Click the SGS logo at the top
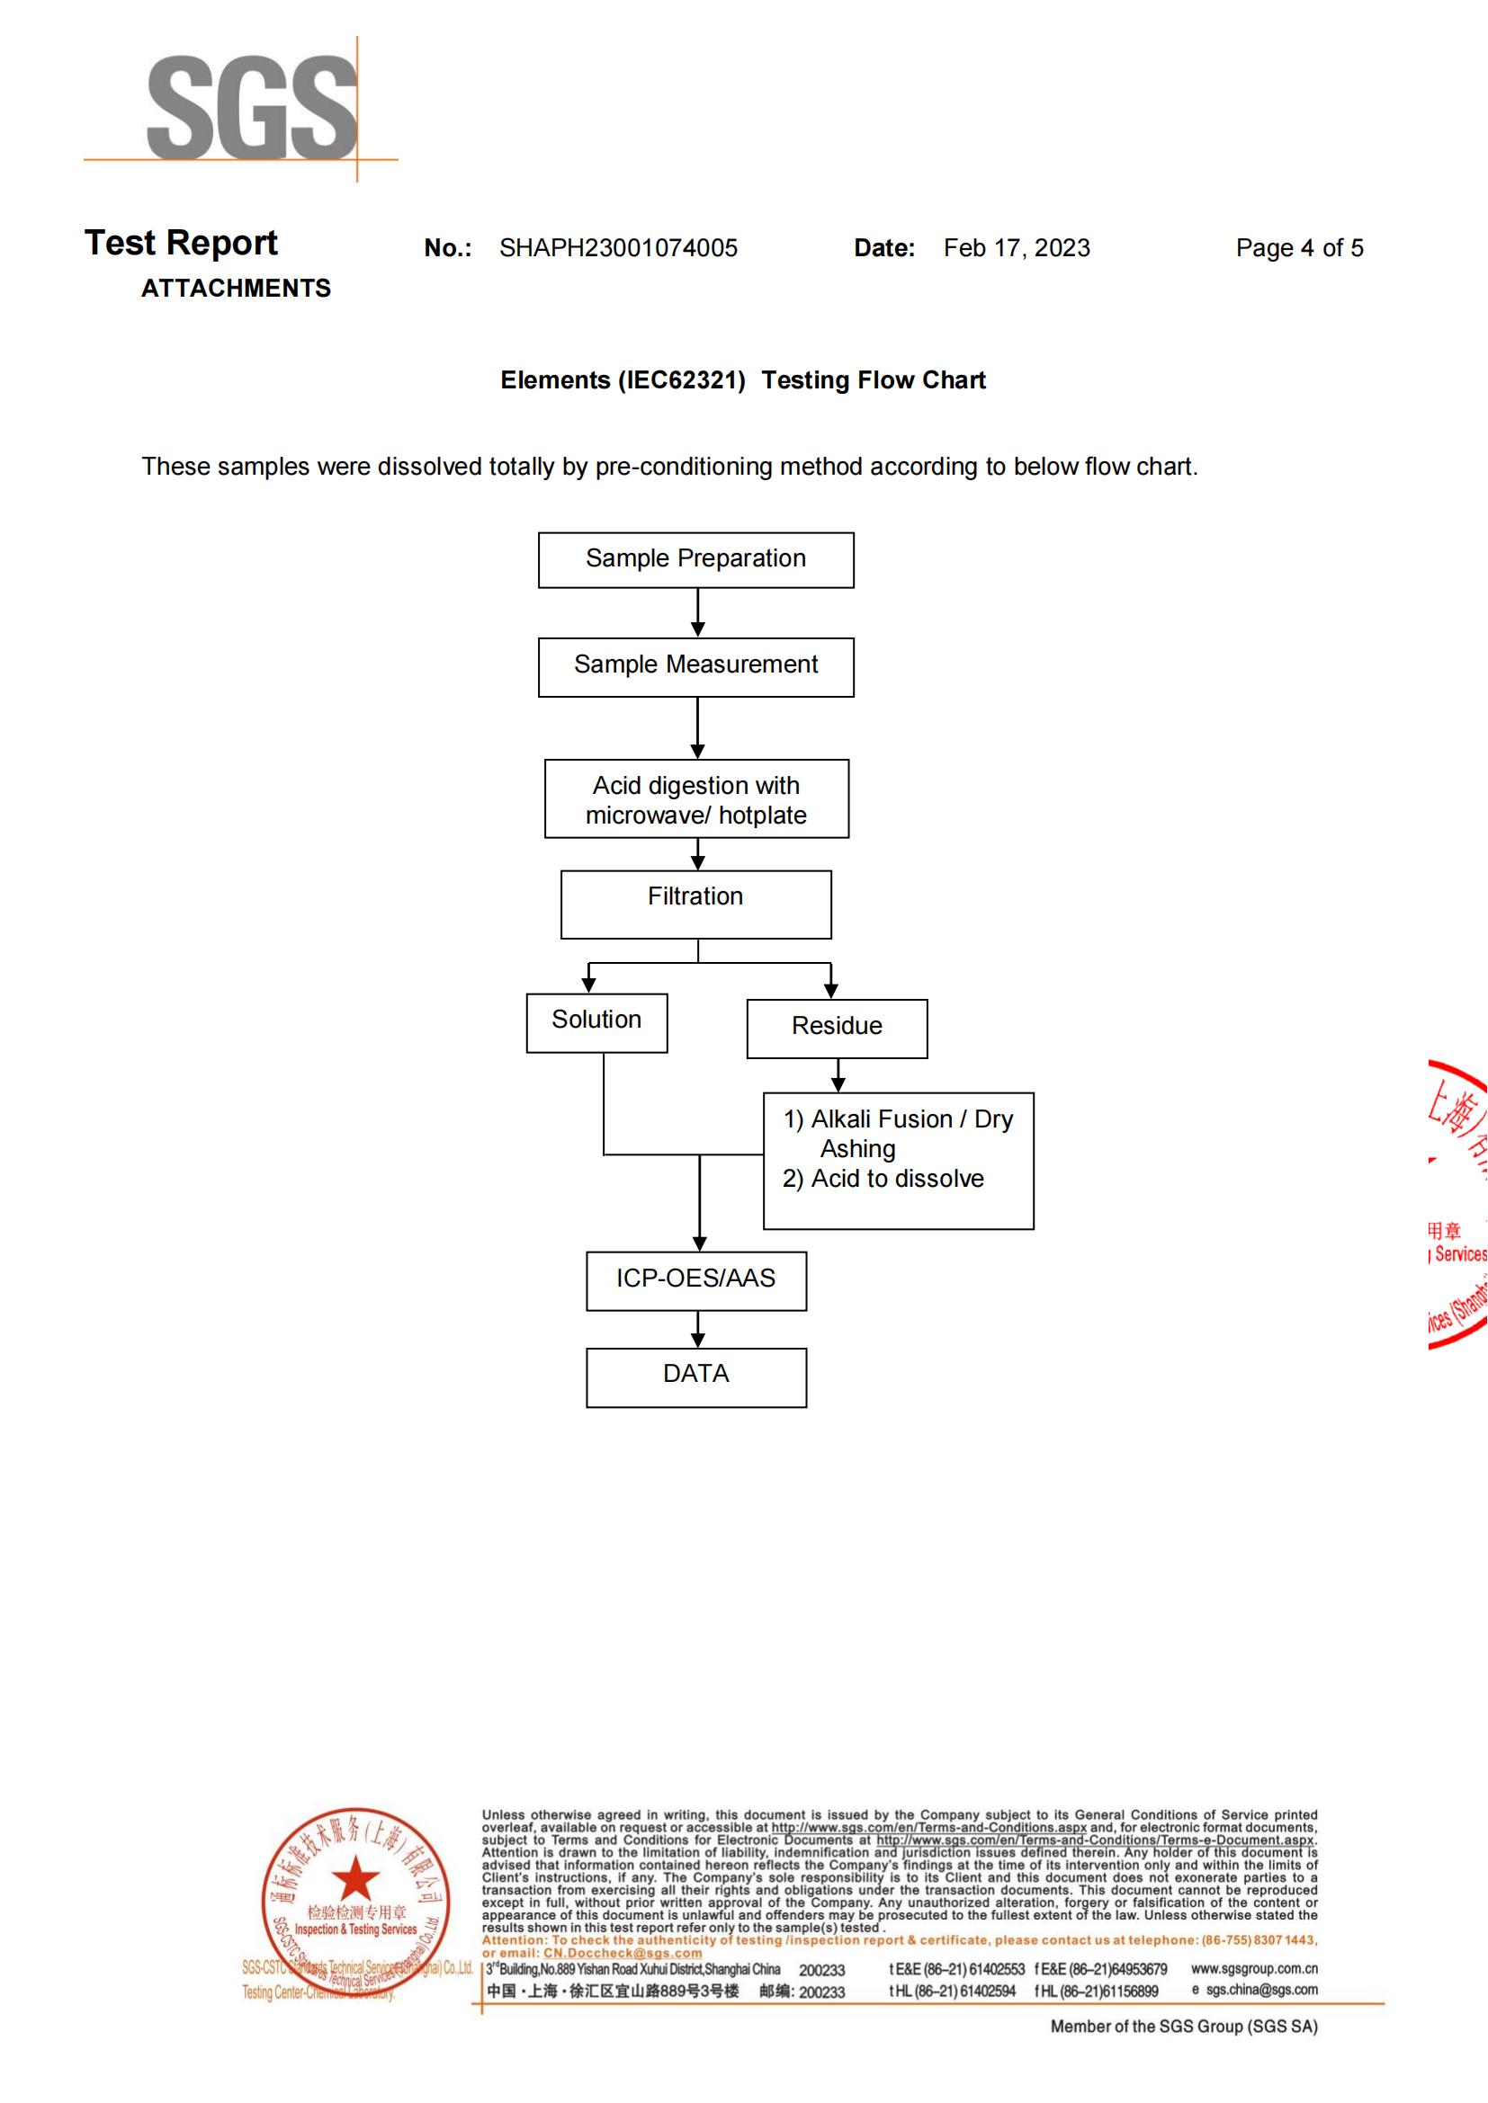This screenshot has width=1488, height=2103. [251, 107]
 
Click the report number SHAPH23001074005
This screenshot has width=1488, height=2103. [617, 248]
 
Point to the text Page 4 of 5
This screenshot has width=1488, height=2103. [1298, 248]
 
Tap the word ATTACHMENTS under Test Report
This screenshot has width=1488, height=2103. [236, 289]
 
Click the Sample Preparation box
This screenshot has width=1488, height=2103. [695, 559]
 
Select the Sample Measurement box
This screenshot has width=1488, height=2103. [695, 666]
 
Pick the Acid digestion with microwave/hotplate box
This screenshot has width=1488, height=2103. [695, 798]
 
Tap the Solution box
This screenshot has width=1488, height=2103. [596, 1022]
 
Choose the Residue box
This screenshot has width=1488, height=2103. [837, 1028]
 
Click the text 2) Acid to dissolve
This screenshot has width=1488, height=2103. [883, 1179]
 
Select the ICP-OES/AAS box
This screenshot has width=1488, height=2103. [695, 1279]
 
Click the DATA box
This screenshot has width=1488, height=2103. [695, 1376]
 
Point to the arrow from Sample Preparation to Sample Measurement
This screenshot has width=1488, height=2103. [697, 613]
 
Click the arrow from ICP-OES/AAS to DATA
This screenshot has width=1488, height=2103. [697, 1329]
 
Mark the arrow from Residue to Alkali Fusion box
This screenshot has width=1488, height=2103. [838, 1075]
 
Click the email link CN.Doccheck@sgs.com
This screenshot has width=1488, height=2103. [623, 1952]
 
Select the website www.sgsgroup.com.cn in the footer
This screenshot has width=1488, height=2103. [1253, 1968]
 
